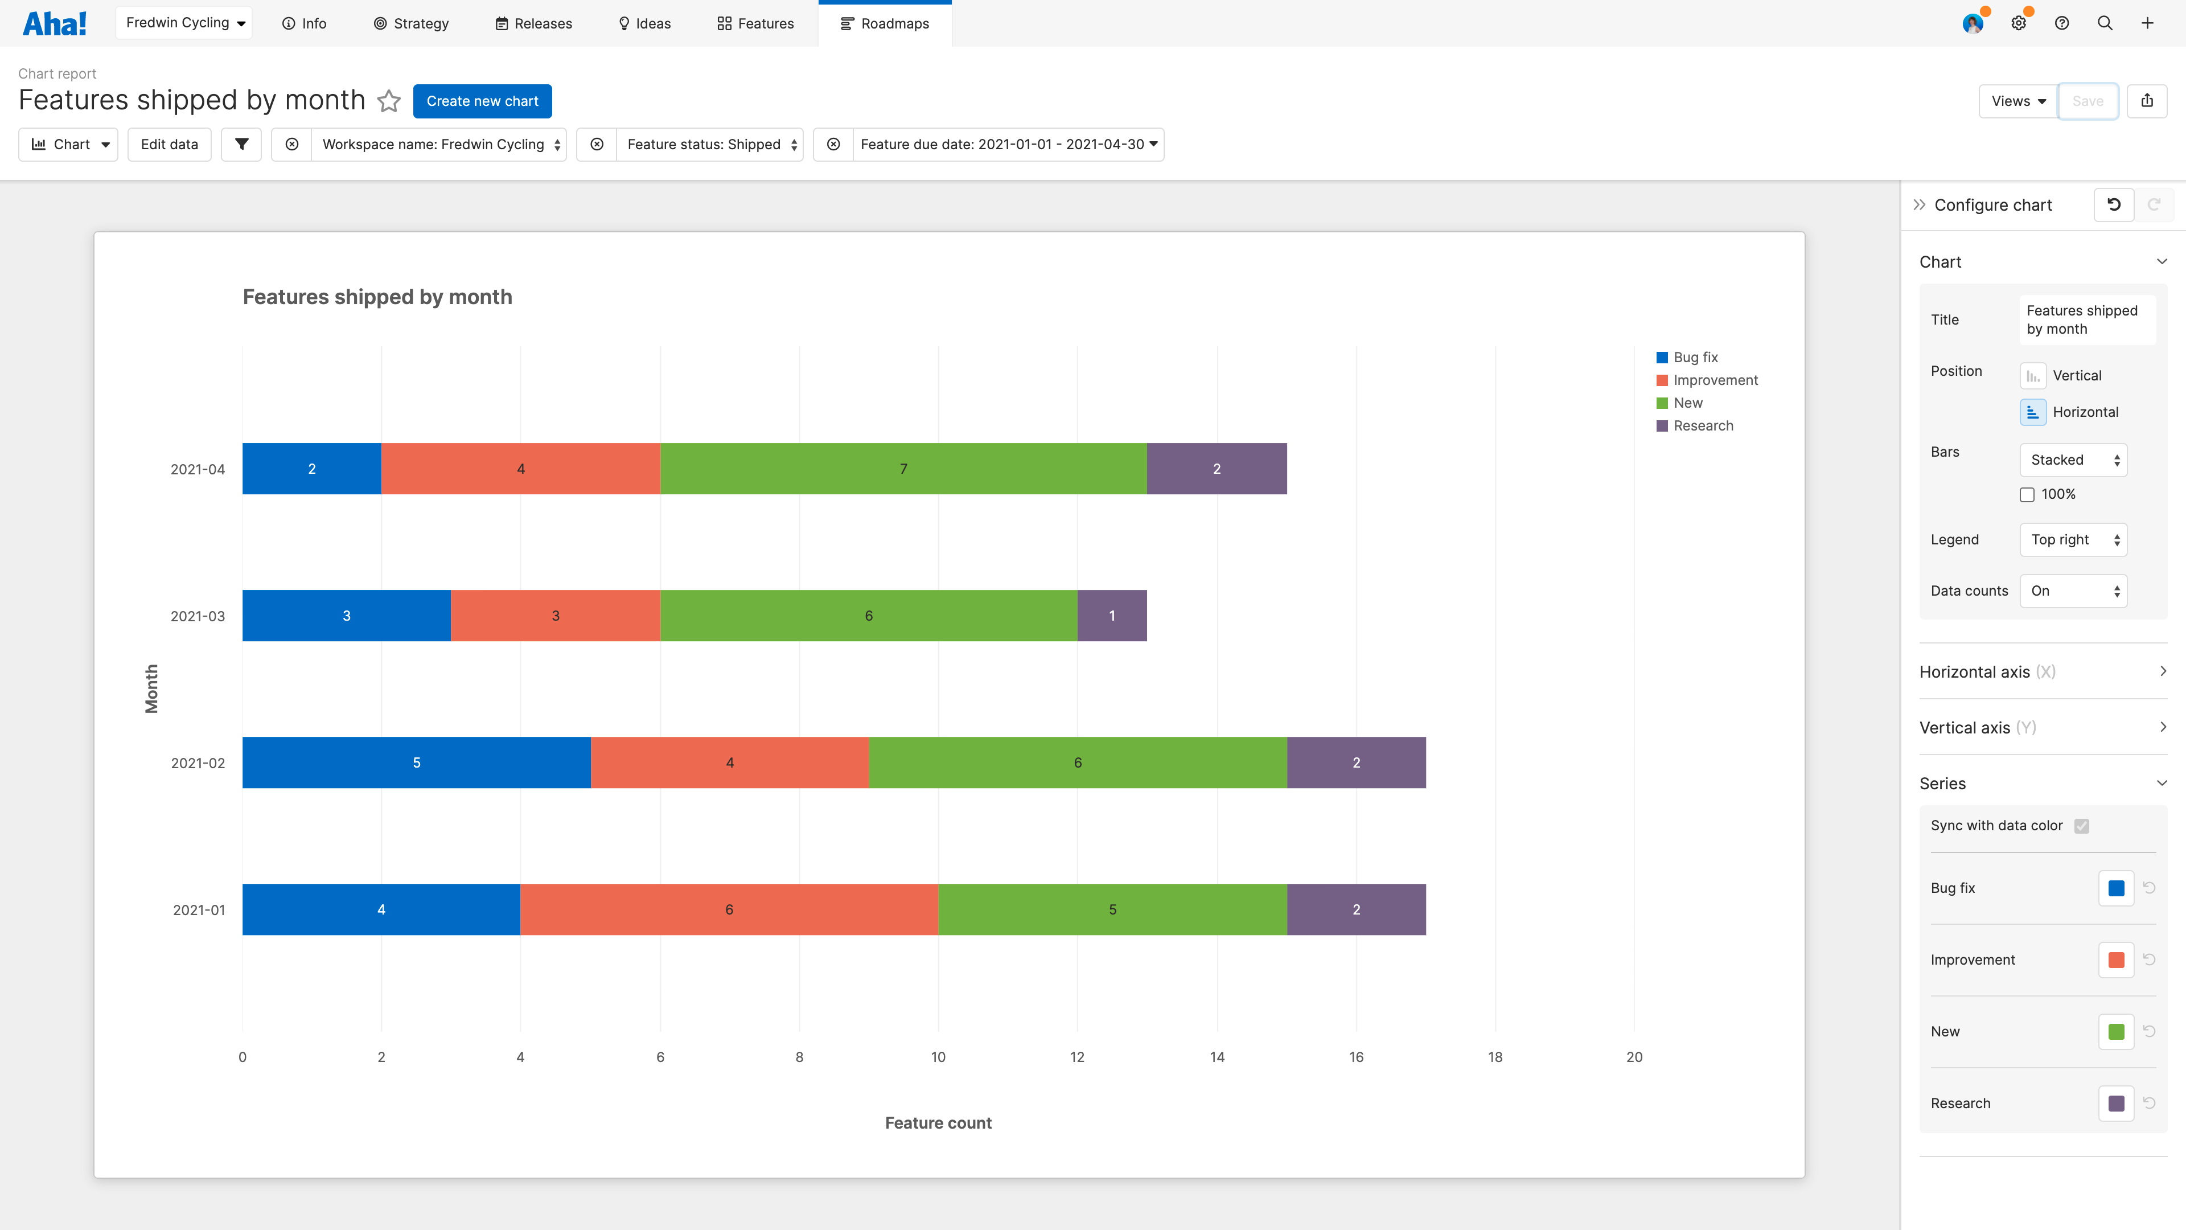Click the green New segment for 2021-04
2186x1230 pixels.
coord(903,469)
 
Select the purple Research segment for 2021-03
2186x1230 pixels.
coord(1112,616)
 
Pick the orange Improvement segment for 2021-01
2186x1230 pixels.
coord(728,909)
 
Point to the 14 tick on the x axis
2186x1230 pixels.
coord(1217,1057)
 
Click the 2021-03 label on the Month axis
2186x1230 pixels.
coord(198,616)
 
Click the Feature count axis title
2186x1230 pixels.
coord(938,1123)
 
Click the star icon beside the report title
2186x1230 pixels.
coord(389,101)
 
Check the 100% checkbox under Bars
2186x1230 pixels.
coord(2027,495)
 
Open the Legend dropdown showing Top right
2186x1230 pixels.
coord(2073,540)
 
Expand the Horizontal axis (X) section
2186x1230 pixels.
coord(2043,671)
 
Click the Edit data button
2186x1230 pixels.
coord(169,144)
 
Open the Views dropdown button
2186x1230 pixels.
coord(2018,101)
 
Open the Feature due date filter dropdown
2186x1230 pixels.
coord(1007,144)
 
